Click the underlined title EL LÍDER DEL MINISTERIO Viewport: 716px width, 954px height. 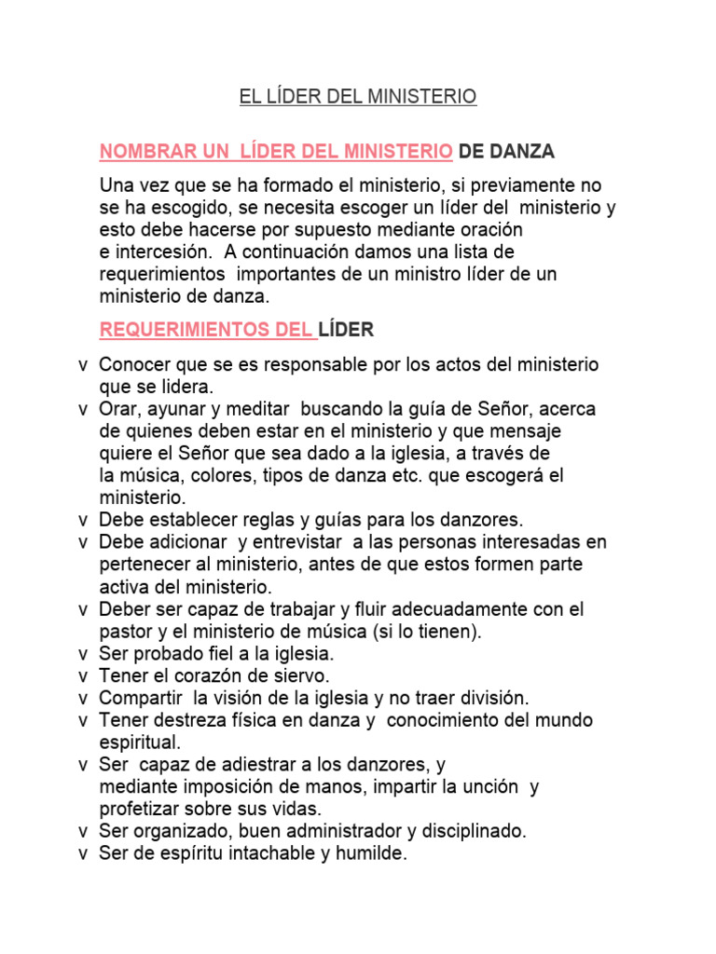(358, 97)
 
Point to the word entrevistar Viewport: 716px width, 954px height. (301, 542)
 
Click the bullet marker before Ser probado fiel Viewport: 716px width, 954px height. (84, 654)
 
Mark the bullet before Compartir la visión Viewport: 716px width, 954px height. (84, 698)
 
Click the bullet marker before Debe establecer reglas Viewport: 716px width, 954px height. (84, 520)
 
